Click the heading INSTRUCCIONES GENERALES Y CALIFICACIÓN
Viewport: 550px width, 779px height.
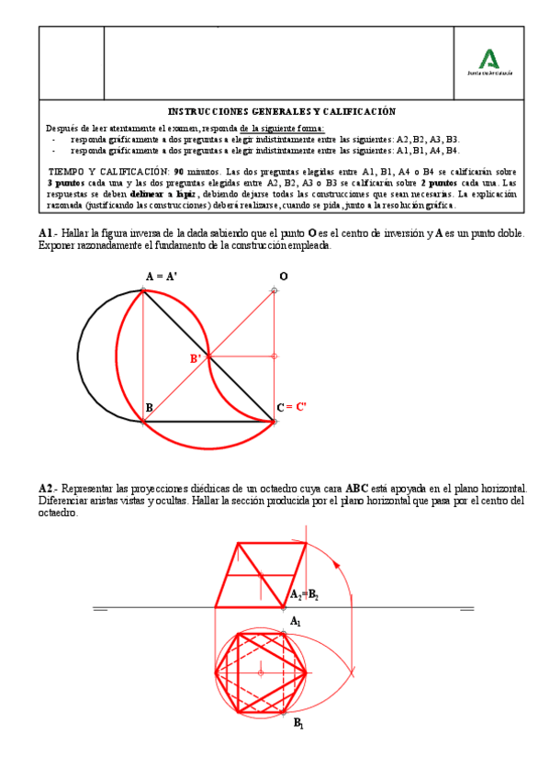pos(281,111)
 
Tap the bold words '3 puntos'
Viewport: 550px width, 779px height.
pos(66,183)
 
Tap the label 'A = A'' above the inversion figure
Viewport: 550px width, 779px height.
pos(162,277)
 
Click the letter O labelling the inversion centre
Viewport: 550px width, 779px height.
pos(283,276)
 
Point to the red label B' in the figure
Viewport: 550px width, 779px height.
pos(196,359)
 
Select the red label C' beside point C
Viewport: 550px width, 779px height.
pos(301,407)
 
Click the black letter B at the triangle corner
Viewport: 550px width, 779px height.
pos(149,408)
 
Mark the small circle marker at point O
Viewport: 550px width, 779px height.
pos(275,290)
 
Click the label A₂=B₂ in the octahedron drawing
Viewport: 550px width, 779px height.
pos(304,595)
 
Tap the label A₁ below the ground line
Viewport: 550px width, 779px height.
pos(296,622)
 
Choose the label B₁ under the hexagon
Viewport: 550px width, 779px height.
pos(298,724)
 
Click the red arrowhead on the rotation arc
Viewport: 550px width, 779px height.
pos(336,563)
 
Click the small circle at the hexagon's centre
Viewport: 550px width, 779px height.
pos(262,672)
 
